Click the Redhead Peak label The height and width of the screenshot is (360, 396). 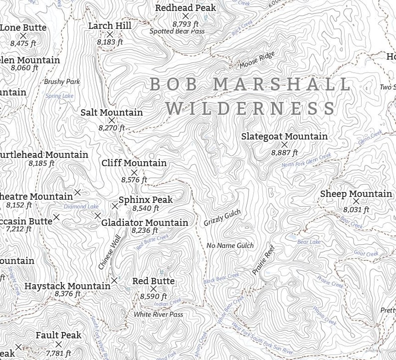point(186,7)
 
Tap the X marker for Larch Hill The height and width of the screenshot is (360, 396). point(110,34)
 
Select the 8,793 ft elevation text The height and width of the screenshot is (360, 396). point(186,24)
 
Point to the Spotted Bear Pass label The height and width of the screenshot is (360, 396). point(177,31)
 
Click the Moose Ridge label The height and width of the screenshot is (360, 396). point(257,60)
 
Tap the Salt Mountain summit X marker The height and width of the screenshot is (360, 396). point(112,120)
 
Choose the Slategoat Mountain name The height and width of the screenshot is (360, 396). point(284,136)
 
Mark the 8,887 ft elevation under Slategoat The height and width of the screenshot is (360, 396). point(284,153)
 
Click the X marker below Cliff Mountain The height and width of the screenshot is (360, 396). point(134,172)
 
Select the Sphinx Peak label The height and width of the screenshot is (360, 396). point(146,200)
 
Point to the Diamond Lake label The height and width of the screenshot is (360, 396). point(81,206)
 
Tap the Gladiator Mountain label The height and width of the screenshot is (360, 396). point(145,223)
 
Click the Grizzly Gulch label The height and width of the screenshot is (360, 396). point(222,218)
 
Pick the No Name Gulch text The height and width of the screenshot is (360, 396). point(230,245)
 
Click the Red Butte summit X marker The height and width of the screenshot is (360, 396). point(153,289)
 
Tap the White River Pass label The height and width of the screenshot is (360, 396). point(158,315)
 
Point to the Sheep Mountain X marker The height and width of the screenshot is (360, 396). point(356,201)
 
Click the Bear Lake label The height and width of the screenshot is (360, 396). point(309,242)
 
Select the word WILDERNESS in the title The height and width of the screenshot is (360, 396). point(251,108)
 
